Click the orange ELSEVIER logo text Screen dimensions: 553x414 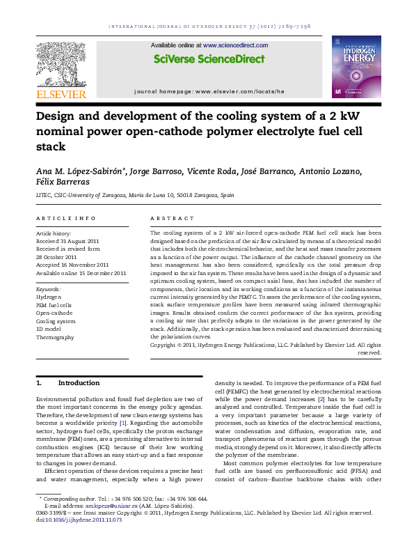[x=61, y=94]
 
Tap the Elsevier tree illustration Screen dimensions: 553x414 [x=61, y=64]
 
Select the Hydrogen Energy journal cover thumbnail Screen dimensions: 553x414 [x=357, y=66]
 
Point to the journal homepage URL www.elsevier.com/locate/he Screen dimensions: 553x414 [x=260, y=91]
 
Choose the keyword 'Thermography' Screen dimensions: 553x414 [x=54, y=337]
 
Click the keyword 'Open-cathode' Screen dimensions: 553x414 [x=54, y=313]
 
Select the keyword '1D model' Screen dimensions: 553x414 [x=49, y=329]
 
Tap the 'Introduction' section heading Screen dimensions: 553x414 [x=79, y=383]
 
